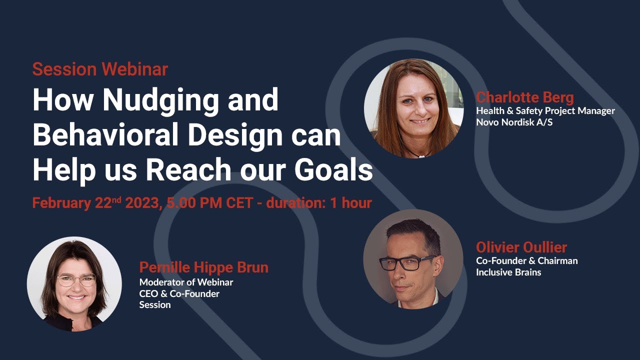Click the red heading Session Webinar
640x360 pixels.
[100, 69]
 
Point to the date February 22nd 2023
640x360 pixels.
[95, 203]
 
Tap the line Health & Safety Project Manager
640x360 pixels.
[545, 110]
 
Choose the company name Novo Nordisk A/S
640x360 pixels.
[513, 122]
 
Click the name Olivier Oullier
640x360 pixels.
[521, 247]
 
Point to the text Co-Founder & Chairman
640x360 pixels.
[526, 260]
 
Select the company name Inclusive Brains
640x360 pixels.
[508, 272]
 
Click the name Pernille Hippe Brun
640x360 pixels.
[203, 267]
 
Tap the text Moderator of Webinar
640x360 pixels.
[186, 282]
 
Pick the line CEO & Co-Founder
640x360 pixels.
[179, 293]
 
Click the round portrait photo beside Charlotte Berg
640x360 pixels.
[413, 108]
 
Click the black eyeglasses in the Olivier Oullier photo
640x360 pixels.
[407, 262]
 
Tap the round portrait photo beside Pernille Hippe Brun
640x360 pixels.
[74, 283]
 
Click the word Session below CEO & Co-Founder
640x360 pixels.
[154, 304]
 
